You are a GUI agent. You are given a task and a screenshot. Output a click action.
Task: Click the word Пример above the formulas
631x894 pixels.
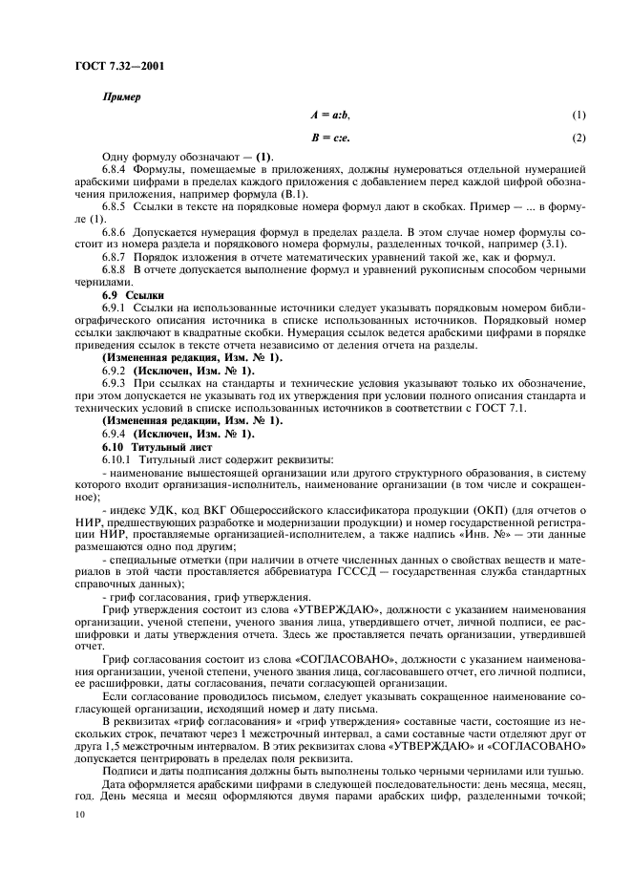click(122, 97)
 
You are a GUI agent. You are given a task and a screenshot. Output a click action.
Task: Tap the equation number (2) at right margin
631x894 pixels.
click(578, 137)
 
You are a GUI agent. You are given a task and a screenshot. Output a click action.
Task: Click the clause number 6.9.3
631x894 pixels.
click(117, 382)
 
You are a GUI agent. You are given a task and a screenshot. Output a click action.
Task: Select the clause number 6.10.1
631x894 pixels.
click(120, 458)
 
